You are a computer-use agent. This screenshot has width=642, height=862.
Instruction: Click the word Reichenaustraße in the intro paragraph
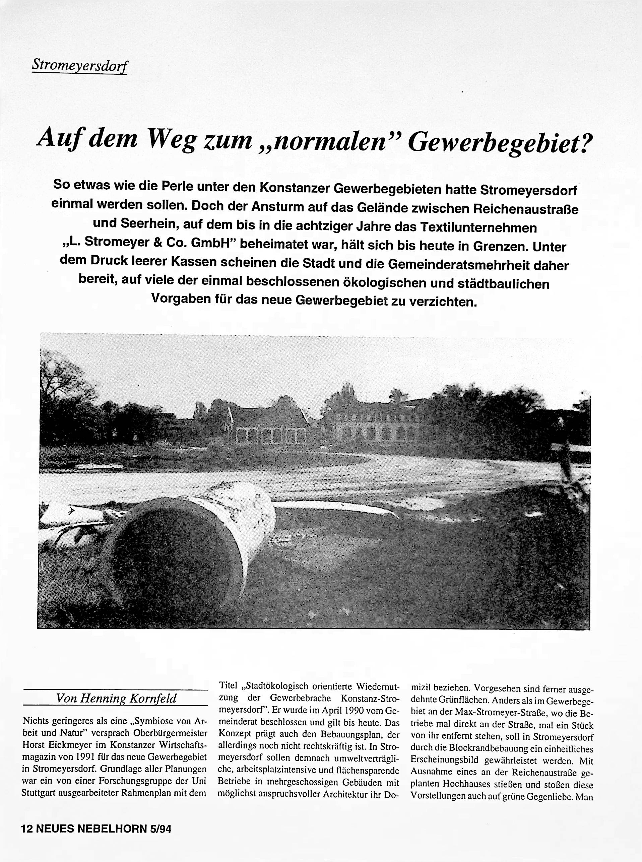click(x=525, y=209)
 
